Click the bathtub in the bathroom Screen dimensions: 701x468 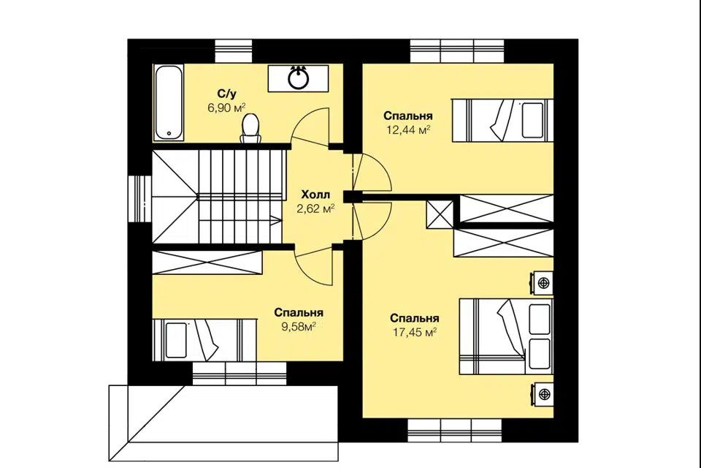(x=169, y=103)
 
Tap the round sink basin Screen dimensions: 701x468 (x=298, y=79)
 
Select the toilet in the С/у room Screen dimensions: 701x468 (x=250, y=129)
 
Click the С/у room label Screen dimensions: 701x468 (x=226, y=94)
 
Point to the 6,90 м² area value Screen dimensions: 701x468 (x=226, y=107)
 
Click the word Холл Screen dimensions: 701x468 (x=315, y=195)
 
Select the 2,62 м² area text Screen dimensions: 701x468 (x=315, y=208)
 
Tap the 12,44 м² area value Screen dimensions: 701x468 (x=408, y=130)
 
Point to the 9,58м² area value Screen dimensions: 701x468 (x=299, y=326)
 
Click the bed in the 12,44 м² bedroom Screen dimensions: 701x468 (x=502, y=121)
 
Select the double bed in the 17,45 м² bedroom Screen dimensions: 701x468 (x=506, y=336)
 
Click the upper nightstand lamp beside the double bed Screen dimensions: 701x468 (x=543, y=283)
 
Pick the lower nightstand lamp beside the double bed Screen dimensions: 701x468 (x=543, y=394)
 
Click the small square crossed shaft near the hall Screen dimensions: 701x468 (x=440, y=214)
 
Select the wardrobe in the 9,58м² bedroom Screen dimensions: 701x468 (x=207, y=263)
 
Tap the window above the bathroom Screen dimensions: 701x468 (x=234, y=51)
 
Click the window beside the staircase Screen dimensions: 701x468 (x=140, y=198)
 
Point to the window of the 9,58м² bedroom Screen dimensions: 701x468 (x=240, y=373)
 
